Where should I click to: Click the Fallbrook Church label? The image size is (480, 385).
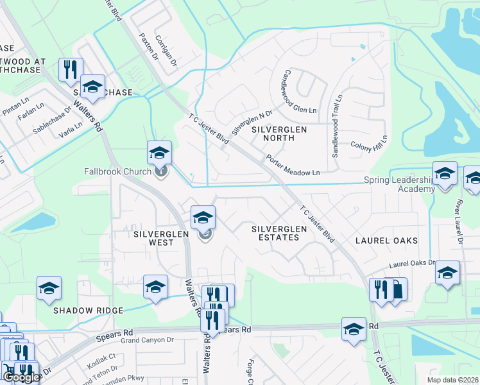(x=117, y=171)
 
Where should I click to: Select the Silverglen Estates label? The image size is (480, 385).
(x=275, y=233)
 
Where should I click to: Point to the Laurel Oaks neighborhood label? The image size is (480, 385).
(x=387, y=241)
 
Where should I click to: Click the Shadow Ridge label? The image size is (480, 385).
(x=88, y=311)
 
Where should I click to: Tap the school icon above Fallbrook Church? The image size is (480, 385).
(x=159, y=153)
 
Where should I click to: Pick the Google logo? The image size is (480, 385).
(x=21, y=377)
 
